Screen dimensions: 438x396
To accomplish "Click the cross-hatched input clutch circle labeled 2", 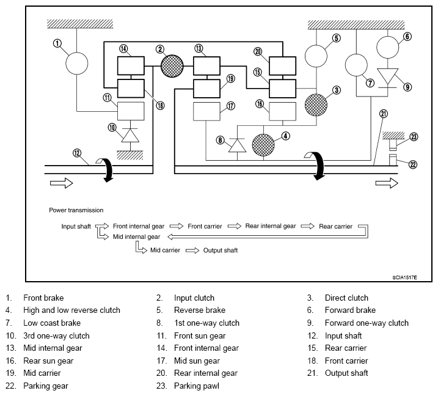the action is click(172, 66).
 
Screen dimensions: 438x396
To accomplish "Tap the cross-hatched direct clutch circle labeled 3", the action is click(316, 105).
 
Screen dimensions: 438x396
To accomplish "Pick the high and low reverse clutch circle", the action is click(263, 145).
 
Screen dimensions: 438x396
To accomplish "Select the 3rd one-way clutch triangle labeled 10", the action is click(131, 135).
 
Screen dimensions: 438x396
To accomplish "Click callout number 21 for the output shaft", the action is click(384, 114).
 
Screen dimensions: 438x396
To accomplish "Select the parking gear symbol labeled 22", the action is click(393, 160).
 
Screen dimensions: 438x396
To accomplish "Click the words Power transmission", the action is click(76, 210).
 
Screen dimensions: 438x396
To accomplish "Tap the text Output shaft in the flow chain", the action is click(221, 251).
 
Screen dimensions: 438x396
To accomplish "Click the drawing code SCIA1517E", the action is click(405, 277).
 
